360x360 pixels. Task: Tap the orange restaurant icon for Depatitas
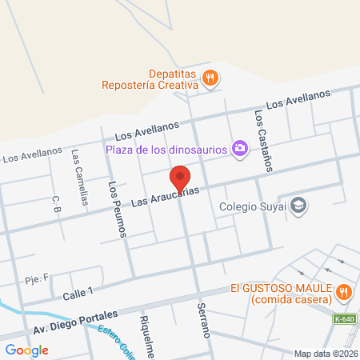[x=210, y=77]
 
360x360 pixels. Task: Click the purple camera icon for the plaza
[x=238, y=147]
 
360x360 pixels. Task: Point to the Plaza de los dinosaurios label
[x=166, y=148]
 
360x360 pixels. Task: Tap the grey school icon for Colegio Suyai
[x=298, y=206]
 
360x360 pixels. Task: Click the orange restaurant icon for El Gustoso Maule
[x=345, y=292]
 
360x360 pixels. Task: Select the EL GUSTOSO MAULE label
[x=282, y=293]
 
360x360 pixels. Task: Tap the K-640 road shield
[x=345, y=319]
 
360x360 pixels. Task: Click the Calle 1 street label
[x=78, y=294]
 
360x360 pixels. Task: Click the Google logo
[x=26, y=350]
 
